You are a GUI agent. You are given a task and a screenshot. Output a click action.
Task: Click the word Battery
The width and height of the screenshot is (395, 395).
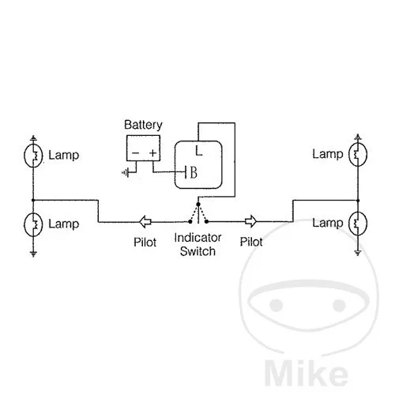(143, 125)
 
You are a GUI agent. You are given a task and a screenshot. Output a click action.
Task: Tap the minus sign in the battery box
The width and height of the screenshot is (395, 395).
(135, 152)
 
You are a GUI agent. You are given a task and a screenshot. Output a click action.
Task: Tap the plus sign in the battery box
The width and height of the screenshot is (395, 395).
(153, 152)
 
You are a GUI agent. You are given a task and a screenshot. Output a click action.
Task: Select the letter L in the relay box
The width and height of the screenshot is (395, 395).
(199, 151)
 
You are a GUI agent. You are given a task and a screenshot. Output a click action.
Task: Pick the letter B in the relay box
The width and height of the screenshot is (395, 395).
(194, 173)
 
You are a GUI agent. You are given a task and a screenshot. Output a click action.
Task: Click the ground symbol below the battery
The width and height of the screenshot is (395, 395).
(126, 173)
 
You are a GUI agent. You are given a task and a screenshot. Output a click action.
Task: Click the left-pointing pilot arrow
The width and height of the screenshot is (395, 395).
(145, 221)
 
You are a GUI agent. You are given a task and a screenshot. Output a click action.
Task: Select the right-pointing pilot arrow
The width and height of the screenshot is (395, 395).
(250, 221)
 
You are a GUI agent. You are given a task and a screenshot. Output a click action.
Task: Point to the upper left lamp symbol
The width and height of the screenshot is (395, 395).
(33, 156)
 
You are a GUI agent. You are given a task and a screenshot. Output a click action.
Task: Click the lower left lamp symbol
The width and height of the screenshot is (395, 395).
(33, 224)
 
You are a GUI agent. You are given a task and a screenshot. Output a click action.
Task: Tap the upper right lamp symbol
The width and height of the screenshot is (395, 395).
(358, 154)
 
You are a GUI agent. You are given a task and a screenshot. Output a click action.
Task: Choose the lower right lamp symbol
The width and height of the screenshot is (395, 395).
(358, 224)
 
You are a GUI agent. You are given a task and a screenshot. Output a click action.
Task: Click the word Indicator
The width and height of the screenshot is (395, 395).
(197, 238)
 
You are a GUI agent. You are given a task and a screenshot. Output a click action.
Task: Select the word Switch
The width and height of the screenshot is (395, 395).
(197, 251)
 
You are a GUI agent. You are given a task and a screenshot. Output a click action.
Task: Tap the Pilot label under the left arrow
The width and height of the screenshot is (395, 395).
(145, 243)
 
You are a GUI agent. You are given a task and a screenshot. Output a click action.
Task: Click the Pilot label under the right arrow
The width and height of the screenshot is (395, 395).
(251, 242)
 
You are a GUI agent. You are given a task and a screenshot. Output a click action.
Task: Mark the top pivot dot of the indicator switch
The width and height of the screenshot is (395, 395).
(198, 204)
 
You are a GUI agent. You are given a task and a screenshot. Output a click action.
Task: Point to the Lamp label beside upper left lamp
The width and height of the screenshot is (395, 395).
(64, 156)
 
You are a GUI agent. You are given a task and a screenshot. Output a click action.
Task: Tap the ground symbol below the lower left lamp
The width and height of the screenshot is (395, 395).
(33, 254)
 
